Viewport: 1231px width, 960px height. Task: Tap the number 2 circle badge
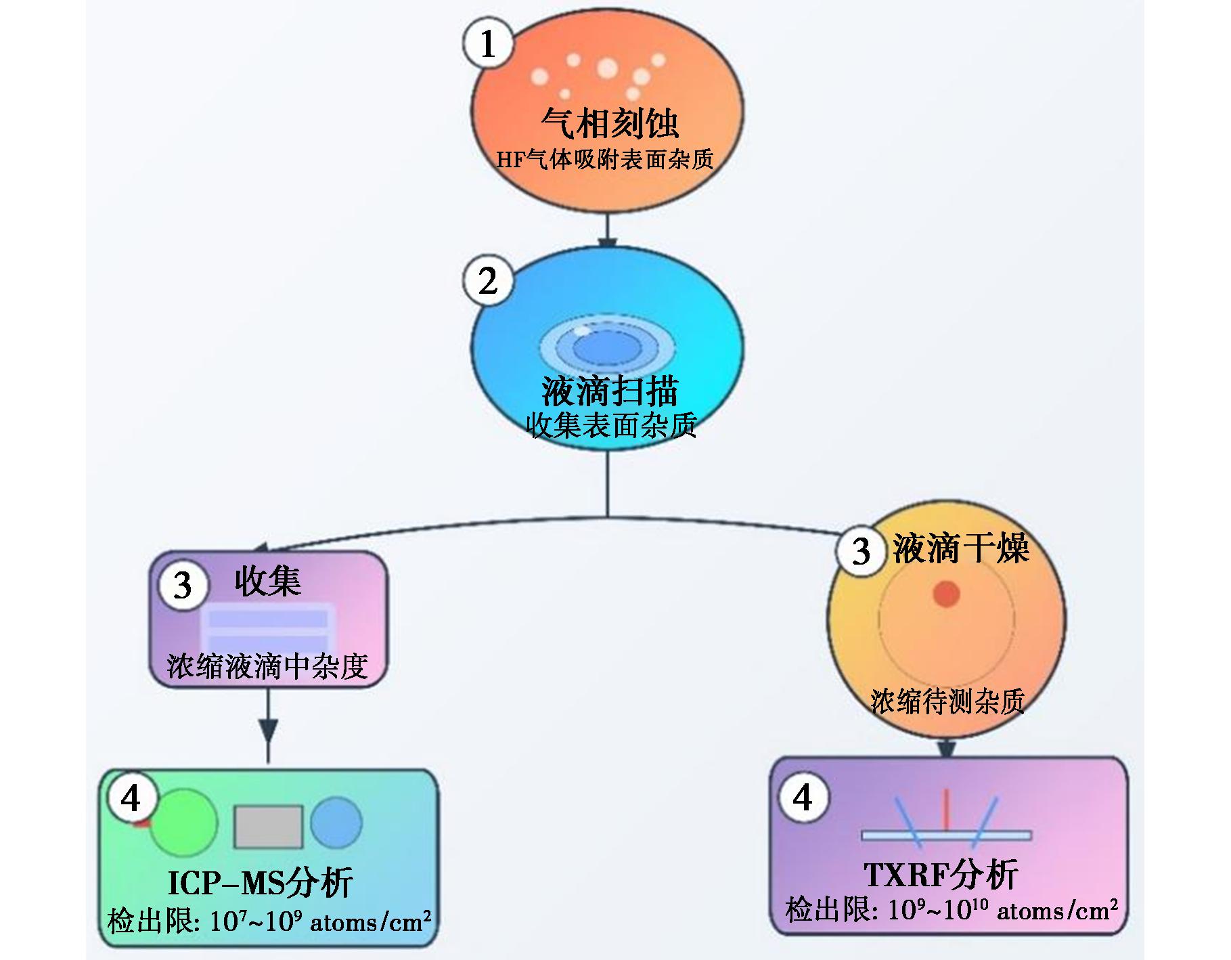coord(487,280)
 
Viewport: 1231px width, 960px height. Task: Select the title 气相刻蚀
coord(609,123)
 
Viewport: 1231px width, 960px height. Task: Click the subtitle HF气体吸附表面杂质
coord(605,160)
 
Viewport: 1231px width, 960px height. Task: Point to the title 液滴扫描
coord(609,391)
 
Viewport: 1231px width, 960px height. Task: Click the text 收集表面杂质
coord(611,426)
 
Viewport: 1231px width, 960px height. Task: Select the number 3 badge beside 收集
coord(183,585)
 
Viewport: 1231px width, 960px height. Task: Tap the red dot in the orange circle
coord(946,594)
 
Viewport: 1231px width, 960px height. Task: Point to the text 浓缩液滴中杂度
coord(267,666)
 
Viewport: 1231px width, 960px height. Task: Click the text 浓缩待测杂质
coord(947,701)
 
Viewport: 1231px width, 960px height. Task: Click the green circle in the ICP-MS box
coord(183,822)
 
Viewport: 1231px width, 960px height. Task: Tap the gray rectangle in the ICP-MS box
coord(268,827)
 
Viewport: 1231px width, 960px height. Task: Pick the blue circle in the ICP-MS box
coord(336,823)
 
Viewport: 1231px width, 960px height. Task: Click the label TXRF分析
coord(941,875)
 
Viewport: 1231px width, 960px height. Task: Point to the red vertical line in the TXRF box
coord(947,809)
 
